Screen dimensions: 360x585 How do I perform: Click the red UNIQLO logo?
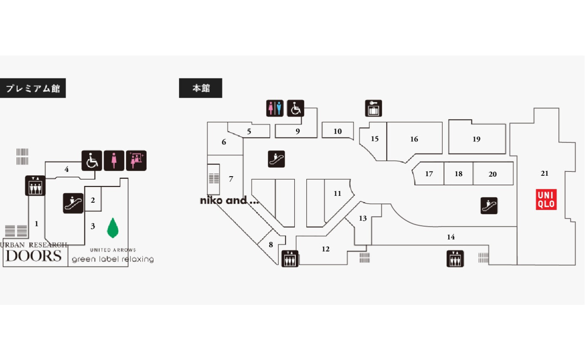click(546, 200)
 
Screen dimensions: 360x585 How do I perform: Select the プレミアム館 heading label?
click(33, 89)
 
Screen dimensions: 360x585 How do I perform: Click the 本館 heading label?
click(201, 88)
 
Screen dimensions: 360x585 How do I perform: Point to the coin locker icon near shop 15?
click(373, 108)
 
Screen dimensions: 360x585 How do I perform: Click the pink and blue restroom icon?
click(275, 108)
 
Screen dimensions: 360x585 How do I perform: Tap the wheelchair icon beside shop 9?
click(295, 108)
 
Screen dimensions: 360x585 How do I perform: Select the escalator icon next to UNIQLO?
click(489, 206)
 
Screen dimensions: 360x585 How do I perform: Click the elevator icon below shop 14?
click(455, 258)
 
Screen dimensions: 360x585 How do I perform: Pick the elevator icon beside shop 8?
click(290, 258)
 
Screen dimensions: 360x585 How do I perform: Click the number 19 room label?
click(477, 139)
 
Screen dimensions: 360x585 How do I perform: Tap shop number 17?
click(429, 174)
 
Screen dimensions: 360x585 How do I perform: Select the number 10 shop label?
click(338, 132)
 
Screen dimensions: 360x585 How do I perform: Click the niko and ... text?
click(229, 200)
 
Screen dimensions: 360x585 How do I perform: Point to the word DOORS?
click(34, 256)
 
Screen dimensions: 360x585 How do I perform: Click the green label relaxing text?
click(113, 259)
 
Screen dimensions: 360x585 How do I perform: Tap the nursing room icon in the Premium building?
click(136, 160)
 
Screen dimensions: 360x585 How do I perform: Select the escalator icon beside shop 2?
click(73, 203)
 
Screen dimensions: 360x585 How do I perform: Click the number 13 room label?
click(363, 219)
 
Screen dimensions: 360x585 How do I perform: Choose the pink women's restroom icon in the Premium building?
click(114, 160)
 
